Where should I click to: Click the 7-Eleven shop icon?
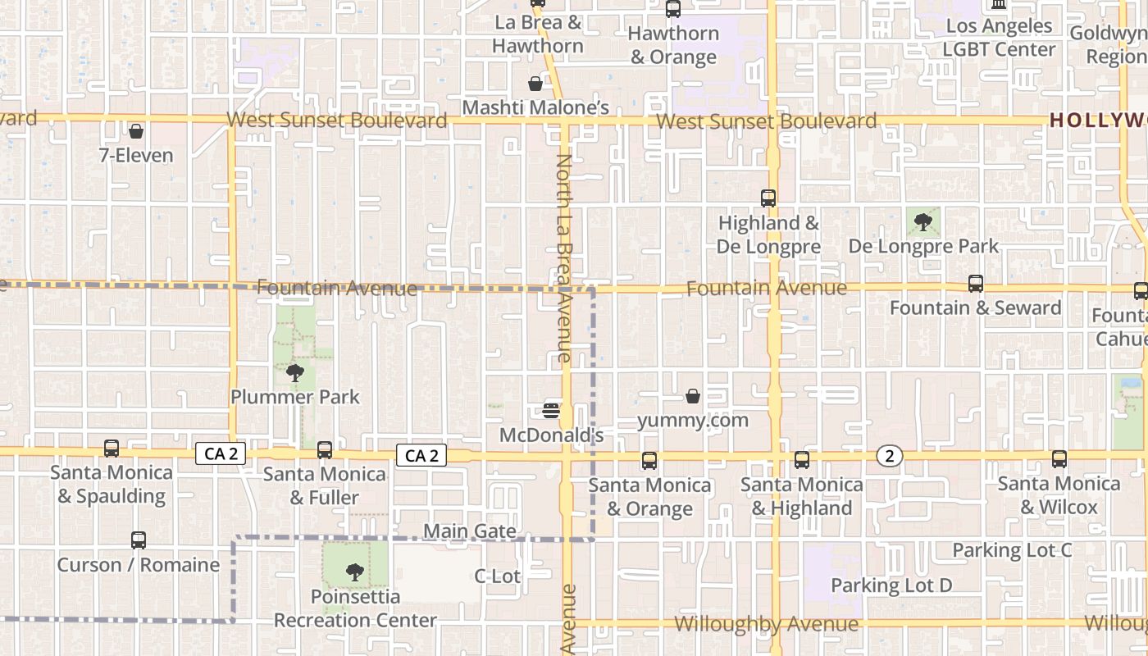136,131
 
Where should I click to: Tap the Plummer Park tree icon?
294,374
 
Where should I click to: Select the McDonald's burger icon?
551,410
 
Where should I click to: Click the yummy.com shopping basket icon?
693,397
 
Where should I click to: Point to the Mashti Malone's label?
535,107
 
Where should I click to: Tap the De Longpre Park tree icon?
923,221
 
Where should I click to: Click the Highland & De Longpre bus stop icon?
768,198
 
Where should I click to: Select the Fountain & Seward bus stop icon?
975,284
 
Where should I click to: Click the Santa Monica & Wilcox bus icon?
1059,459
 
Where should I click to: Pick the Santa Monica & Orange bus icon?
649,461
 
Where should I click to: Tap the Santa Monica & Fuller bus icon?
325,450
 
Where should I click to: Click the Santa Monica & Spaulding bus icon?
112,449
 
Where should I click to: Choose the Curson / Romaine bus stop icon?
139,541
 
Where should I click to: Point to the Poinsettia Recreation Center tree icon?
355,572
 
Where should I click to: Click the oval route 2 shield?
890,456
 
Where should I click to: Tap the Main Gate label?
470,531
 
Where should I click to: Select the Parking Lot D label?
891,585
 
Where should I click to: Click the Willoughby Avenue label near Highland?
766,624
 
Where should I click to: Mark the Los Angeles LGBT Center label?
998,37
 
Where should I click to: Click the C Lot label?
497,576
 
